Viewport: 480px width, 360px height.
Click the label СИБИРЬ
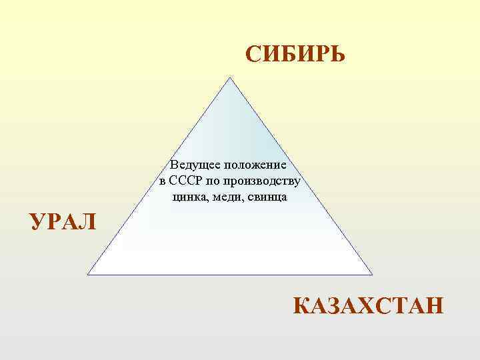295,54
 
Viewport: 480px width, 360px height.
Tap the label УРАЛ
63,221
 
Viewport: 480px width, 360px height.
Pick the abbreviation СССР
189,181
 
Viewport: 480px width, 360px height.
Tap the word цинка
189,197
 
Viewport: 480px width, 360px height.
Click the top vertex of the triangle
230,77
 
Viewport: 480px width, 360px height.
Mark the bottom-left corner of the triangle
88,274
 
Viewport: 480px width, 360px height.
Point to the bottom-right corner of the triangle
372,274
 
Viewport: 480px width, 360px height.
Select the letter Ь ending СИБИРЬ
337,54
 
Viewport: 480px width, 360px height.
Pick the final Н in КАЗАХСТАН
433,307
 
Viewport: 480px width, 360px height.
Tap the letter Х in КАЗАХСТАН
367,307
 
